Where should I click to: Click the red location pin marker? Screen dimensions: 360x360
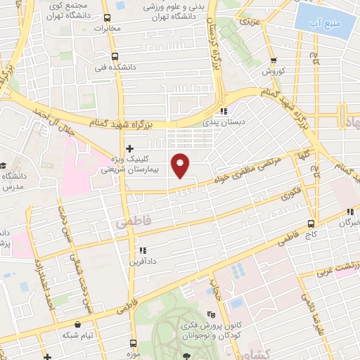[x=181, y=166]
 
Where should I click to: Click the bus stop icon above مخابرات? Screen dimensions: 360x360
[x=107, y=18]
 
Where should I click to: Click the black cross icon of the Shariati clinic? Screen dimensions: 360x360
[x=129, y=148]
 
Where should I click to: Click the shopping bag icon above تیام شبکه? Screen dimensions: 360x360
[x=76, y=324]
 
